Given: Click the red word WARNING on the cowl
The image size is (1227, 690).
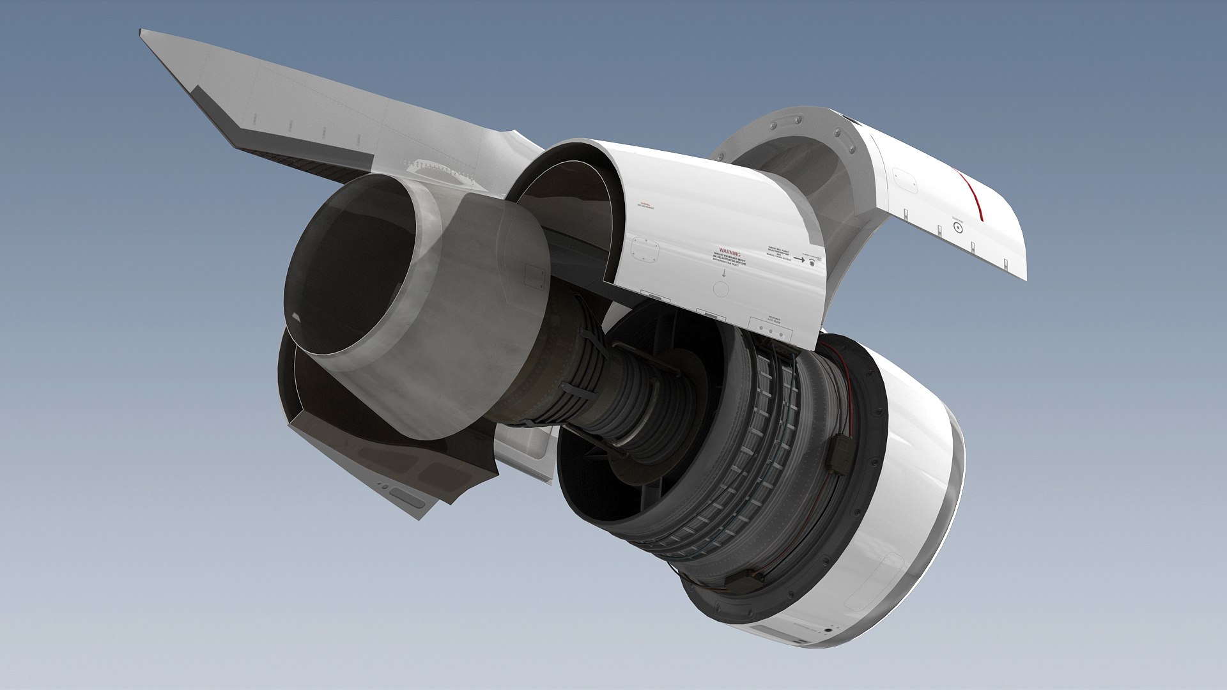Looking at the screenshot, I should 729,252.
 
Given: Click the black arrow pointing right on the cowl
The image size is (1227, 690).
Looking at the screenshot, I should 799,259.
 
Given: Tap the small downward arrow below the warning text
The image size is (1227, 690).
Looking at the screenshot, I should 724,273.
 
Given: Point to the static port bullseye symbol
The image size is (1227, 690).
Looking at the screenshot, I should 957,227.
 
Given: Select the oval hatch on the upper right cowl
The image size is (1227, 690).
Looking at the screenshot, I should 905,180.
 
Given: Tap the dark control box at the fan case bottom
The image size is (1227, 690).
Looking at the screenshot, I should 745,581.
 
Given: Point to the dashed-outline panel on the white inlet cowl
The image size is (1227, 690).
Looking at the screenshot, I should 876,581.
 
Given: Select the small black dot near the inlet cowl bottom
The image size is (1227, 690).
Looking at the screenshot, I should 828,631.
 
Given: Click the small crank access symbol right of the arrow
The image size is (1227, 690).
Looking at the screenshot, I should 812,263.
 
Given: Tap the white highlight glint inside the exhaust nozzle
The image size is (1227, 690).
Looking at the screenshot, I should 295,318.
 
